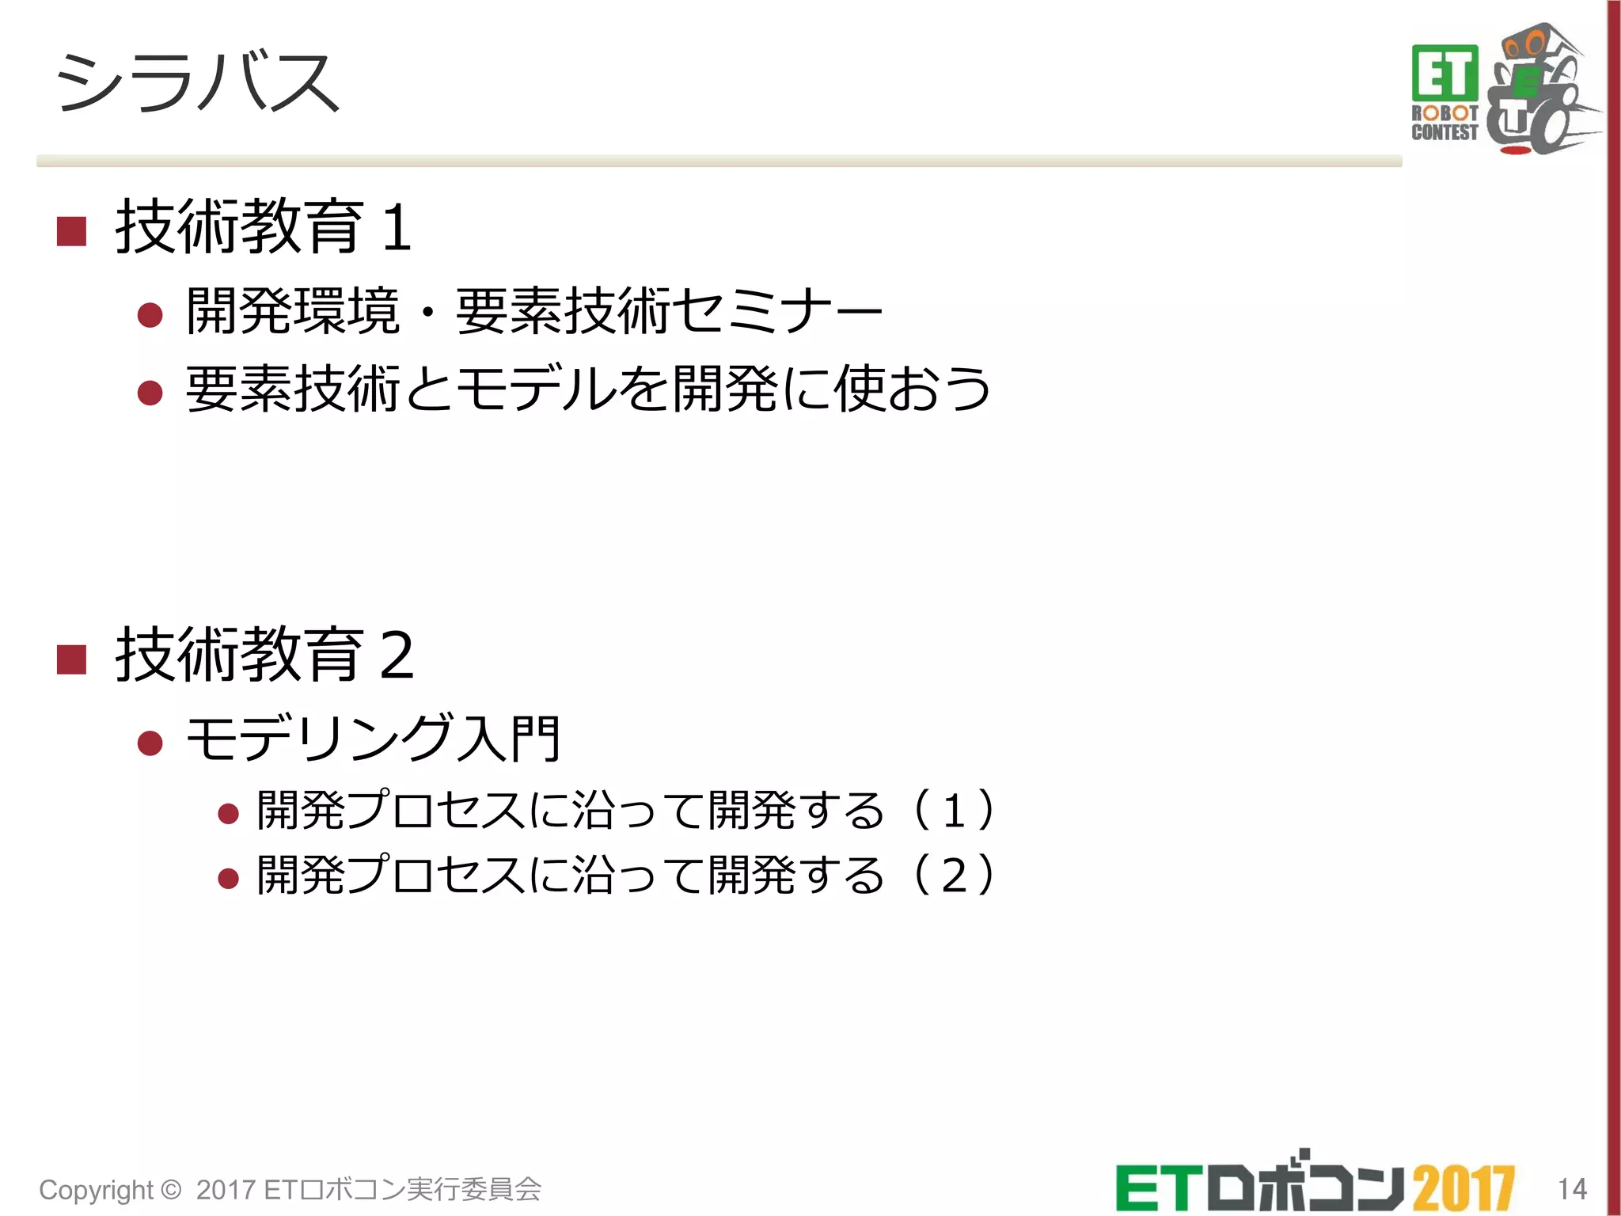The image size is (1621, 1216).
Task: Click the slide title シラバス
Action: (x=198, y=82)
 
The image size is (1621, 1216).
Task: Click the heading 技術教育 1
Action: (x=264, y=227)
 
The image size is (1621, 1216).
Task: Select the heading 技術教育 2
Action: (x=265, y=654)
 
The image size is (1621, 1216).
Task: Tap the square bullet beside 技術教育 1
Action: (x=71, y=231)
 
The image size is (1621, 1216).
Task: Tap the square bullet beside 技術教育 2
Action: (x=71, y=659)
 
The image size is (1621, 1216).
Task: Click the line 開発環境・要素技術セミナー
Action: (x=534, y=311)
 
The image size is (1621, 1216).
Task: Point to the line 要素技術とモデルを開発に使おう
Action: (x=588, y=389)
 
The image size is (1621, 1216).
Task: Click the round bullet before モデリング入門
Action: (x=150, y=743)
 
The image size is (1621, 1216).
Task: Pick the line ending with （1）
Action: (x=625, y=810)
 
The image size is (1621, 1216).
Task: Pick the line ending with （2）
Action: (x=625, y=874)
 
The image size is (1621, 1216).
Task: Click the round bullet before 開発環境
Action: (x=150, y=316)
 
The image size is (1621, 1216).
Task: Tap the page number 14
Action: (x=1572, y=1188)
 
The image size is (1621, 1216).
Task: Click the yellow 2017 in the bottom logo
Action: (x=1463, y=1188)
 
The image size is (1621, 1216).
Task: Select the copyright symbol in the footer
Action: (x=170, y=1189)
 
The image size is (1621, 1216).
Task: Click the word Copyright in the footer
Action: (x=96, y=1190)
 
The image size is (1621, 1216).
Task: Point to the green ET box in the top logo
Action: (x=1444, y=73)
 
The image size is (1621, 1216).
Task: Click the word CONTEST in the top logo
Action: (x=1444, y=132)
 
